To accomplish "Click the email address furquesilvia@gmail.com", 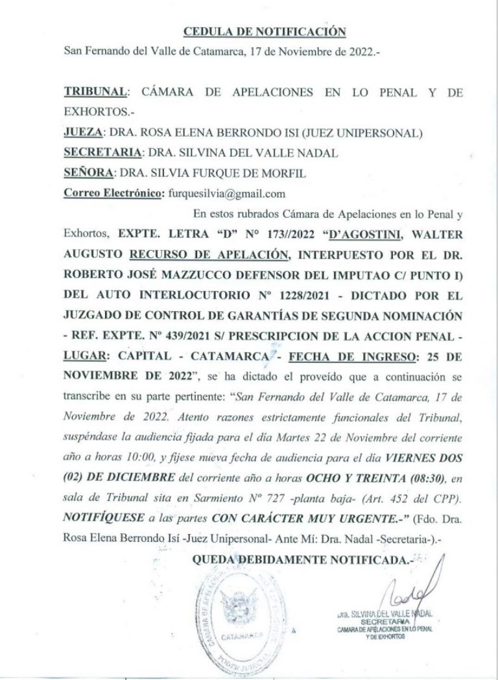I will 227,193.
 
